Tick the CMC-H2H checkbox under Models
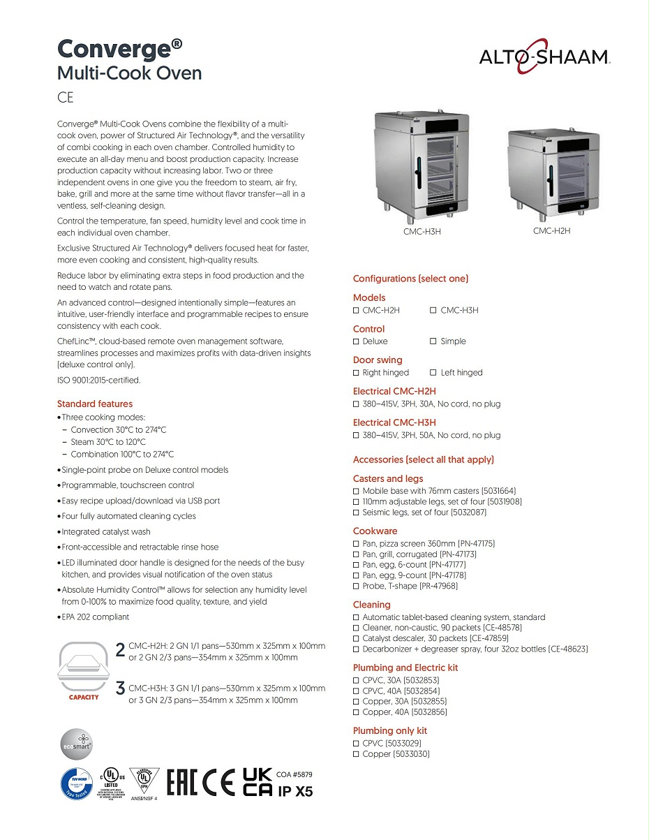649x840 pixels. tap(356, 310)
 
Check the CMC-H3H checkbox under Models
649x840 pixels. tap(433, 310)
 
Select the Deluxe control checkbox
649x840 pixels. tap(356, 341)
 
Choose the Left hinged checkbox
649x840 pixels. tap(433, 373)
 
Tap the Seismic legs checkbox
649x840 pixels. tap(356, 513)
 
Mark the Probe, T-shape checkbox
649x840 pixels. tap(356, 586)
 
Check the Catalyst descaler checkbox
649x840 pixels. tap(356, 638)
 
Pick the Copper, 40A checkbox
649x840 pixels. tap(356, 712)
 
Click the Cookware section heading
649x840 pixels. tap(375, 531)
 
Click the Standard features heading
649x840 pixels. tap(94, 404)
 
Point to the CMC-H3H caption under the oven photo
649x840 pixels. tap(422, 232)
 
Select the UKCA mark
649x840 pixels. tap(257, 783)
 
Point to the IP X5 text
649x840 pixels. tap(295, 792)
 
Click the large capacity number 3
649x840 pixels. tap(120, 688)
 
